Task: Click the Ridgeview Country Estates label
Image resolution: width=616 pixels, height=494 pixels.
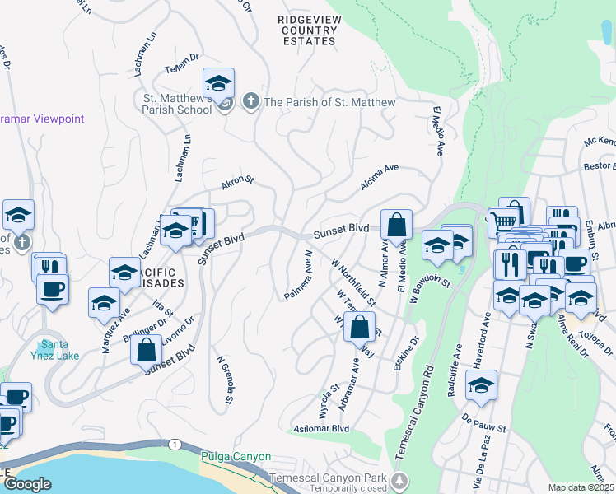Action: tap(307, 30)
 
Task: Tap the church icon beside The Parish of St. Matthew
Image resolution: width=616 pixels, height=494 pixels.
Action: tap(251, 102)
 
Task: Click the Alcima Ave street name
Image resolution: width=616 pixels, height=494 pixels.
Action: tap(379, 172)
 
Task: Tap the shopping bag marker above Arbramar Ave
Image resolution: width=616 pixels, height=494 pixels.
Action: tap(359, 329)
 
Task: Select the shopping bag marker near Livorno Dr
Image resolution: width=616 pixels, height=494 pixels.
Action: tap(146, 348)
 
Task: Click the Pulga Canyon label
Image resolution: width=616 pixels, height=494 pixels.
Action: tap(236, 455)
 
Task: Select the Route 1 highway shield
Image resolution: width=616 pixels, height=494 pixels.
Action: tap(175, 445)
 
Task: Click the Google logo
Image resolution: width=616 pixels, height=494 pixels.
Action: tap(28, 483)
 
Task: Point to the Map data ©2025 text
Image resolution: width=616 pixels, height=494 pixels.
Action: tap(580, 487)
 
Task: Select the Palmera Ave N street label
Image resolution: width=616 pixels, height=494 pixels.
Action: tap(296, 275)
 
